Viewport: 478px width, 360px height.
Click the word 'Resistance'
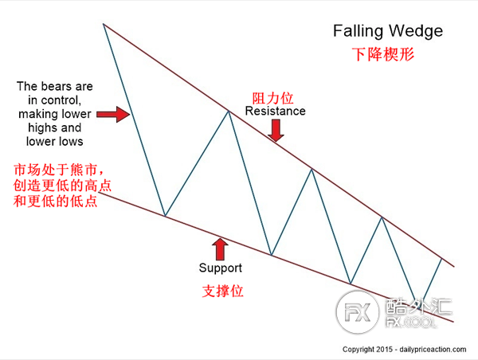(275, 112)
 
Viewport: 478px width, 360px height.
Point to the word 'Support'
(220, 268)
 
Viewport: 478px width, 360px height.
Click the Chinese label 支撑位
(221, 292)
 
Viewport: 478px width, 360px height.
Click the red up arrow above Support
(220, 245)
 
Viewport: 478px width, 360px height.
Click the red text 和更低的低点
(56, 201)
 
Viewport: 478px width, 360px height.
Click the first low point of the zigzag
(165, 216)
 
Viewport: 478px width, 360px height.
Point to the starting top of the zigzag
(104, 25)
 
